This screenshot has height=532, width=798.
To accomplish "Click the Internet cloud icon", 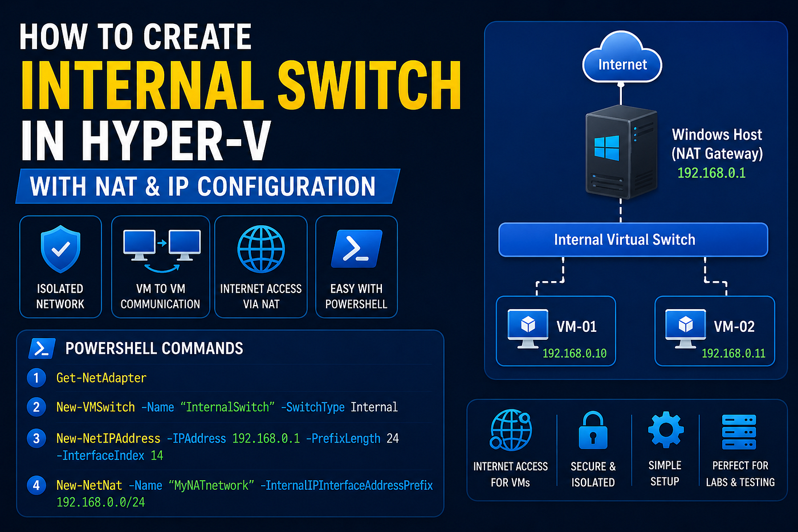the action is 622,57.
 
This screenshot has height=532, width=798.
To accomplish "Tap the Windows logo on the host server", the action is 606,148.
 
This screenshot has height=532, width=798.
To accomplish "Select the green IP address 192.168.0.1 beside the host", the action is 711,173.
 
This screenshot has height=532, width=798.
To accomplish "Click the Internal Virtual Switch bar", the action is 633,239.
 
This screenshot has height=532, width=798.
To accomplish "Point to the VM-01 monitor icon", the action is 528,328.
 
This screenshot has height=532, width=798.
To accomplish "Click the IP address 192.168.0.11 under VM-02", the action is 733,353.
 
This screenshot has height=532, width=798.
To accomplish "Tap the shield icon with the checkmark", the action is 60,249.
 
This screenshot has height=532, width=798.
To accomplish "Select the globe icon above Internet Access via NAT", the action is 261,249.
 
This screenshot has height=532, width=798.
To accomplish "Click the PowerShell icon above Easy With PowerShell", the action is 356,249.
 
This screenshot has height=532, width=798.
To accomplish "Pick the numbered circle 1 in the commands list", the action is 36,377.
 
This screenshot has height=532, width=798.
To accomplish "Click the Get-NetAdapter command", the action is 101,377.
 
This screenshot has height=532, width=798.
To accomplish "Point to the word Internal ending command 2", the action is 374,407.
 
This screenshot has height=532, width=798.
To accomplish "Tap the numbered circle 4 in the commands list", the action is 36,485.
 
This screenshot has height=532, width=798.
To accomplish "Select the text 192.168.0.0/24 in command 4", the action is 100,502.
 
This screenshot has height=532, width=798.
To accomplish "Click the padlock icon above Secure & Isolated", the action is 593,430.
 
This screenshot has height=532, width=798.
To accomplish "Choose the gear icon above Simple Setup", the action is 666,429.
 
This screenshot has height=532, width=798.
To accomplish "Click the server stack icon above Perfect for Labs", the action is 739,432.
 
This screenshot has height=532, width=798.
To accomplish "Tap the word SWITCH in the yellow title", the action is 369,85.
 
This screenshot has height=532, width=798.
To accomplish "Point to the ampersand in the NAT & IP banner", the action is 153,186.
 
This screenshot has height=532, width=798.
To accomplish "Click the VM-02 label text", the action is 734,327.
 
